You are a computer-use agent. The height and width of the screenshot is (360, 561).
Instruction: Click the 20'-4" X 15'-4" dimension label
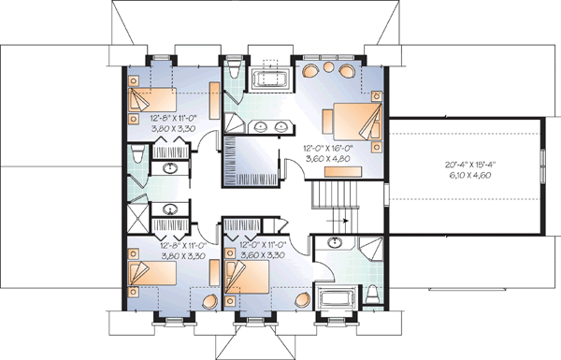tap(463, 166)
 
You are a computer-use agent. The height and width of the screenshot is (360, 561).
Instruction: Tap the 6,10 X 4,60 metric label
tap(463, 176)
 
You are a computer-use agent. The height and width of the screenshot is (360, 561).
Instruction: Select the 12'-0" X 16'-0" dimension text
tap(326, 148)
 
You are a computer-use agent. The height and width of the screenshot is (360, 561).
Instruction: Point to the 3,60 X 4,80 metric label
tap(326, 158)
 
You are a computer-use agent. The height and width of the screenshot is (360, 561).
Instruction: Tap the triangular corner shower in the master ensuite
tap(235, 126)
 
